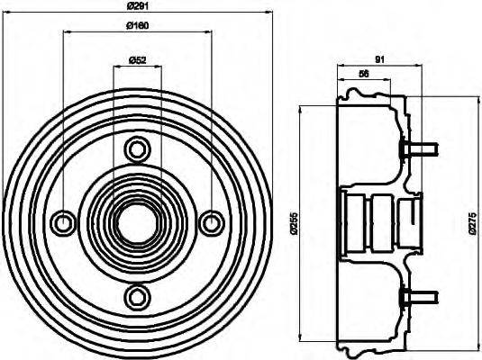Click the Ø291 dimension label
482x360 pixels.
point(138,7)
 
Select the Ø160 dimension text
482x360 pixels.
point(138,26)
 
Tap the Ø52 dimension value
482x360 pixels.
point(138,60)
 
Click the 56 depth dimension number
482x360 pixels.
point(363,74)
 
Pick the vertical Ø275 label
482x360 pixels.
point(471,222)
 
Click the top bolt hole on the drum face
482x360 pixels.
point(137,147)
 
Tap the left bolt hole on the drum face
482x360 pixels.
point(63,220)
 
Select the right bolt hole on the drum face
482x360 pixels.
point(212,220)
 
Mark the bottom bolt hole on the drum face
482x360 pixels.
point(137,294)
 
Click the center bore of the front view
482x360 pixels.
point(137,220)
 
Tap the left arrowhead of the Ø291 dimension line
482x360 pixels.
point(6,13)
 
